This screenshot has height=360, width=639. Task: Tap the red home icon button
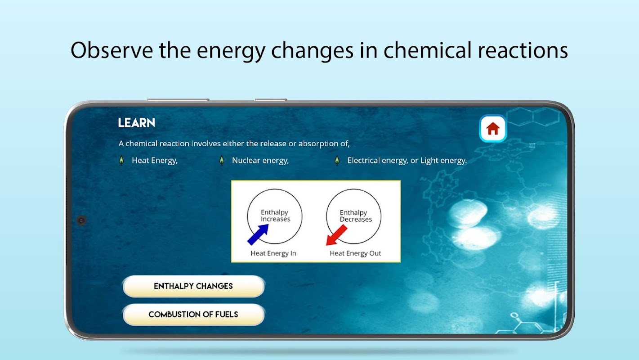coord(493,128)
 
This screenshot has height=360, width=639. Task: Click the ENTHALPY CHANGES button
coord(193,286)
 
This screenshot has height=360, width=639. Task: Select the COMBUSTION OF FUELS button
coord(193,314)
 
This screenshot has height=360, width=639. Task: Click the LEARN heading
coord(137,123)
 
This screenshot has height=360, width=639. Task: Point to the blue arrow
coord(258,234)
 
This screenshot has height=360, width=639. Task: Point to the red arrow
coord(337,235)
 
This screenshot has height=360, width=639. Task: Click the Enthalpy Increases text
coord(275,216)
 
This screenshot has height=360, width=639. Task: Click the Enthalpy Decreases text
coord(355,216)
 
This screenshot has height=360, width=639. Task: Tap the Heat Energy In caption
coord(273,253)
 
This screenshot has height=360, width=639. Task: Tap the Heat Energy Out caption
coord(355,253)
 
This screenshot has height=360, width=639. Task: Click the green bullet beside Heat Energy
coord(121,161)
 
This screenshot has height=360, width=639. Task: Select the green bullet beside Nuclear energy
coord(222,161)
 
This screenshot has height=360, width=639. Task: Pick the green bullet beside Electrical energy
coord(337,161)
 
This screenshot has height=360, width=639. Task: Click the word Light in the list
coord(429,161)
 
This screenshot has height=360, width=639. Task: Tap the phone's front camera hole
coord(81,220)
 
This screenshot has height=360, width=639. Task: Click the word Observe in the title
coord(112,50)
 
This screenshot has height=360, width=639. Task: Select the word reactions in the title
coord(523,50)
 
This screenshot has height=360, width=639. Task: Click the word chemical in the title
coord(427,50)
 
